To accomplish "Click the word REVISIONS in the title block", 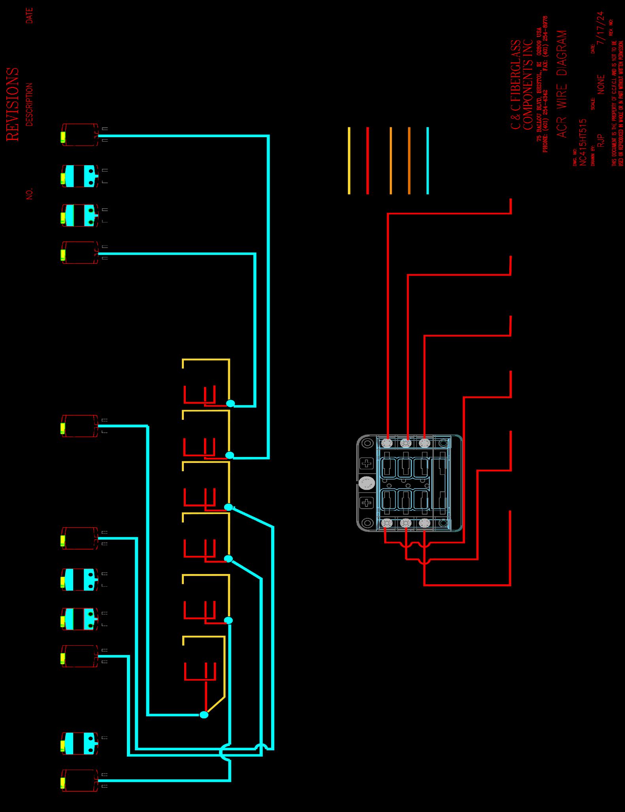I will click(13, 104).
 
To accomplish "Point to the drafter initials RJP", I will click(601, 140).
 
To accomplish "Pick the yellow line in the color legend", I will click(349, 161).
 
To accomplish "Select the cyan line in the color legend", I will click(428, 161).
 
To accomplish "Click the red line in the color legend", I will click(368, 161).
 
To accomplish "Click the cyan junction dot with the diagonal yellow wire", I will click(204, 715).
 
